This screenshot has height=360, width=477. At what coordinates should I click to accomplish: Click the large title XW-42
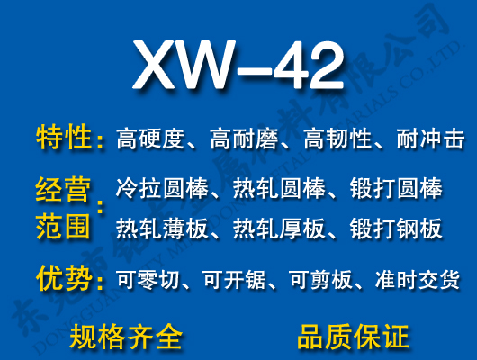click(x=238, y=66)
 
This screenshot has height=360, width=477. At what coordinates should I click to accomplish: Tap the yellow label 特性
click(x=64, y=138)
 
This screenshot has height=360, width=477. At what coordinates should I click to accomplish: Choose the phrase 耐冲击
click(x=431, y=139)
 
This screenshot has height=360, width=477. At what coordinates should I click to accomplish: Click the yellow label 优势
click(x=64, y=278)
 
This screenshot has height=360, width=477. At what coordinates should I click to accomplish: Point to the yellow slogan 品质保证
click(x=353, y=337)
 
